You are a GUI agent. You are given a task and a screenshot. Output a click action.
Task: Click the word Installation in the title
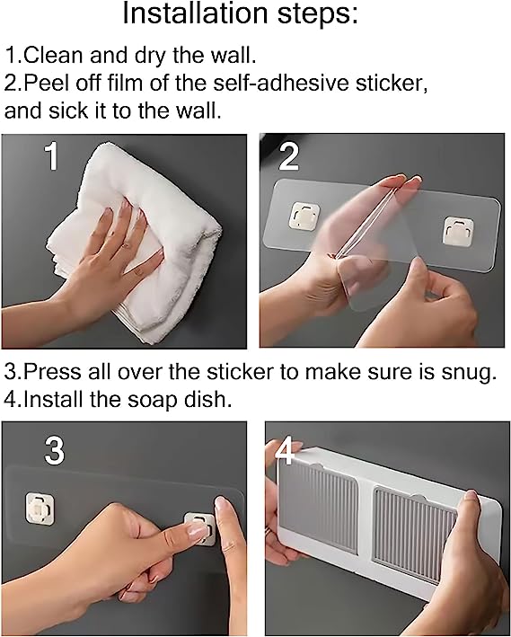click(x=195, y=13)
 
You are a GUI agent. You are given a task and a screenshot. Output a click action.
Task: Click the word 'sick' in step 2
click(x=68, y=110)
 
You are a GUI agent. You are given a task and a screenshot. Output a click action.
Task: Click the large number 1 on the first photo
click(x=52, y=157)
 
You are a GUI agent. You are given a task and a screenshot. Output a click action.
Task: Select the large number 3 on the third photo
click(x=55, y=450)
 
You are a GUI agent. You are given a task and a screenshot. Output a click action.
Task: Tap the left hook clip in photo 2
click(x=304, y=216)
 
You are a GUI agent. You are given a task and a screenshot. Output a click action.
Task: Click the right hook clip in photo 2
click(x=458, y=231)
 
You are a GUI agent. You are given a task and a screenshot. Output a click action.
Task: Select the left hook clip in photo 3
click(x=40, y=508)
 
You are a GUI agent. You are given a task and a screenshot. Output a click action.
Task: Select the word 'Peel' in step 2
click(x=43, y=83)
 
